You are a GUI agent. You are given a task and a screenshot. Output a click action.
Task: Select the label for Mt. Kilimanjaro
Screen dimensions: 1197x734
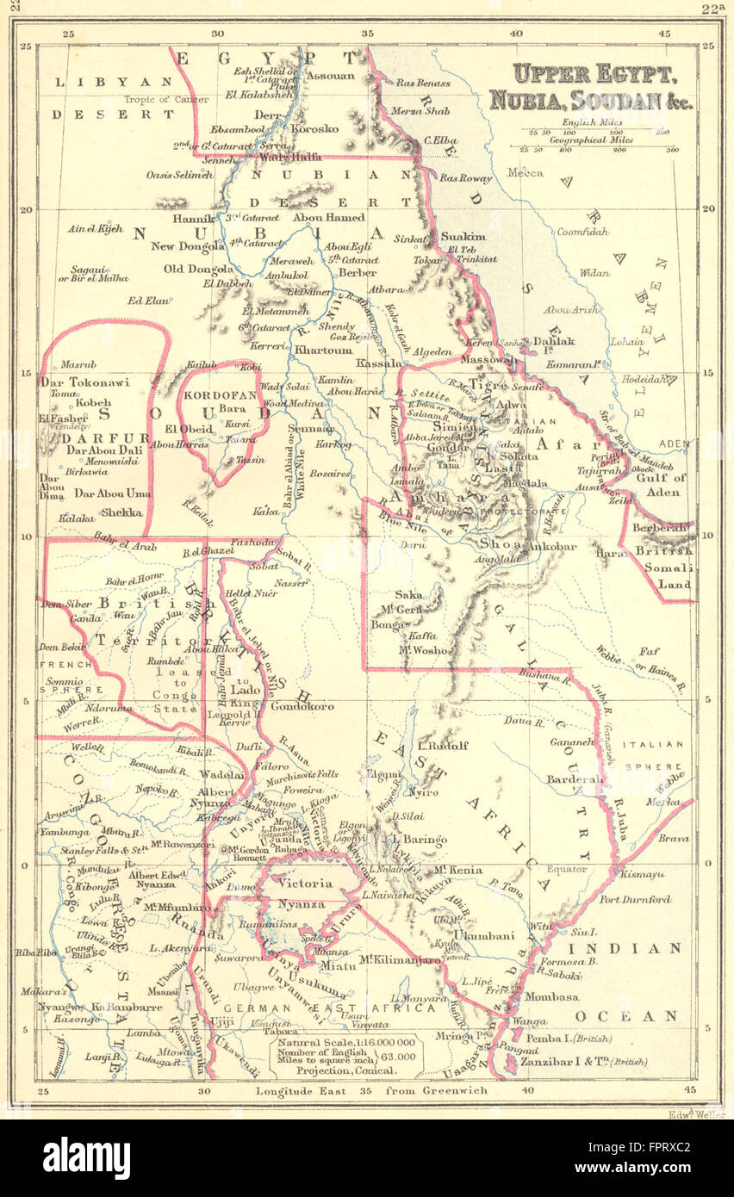[400, 959]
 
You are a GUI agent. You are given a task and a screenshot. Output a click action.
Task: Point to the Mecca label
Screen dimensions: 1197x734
[525, 173]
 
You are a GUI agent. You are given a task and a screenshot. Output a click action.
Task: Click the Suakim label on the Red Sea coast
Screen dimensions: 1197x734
[463, 236]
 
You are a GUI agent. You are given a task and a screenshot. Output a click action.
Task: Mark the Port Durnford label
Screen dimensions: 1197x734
[634, 900]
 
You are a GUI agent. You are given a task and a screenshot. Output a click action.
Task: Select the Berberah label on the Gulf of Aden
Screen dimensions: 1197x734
[662, 527]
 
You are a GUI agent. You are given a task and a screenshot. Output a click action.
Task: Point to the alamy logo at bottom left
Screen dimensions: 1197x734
[85, 1157]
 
